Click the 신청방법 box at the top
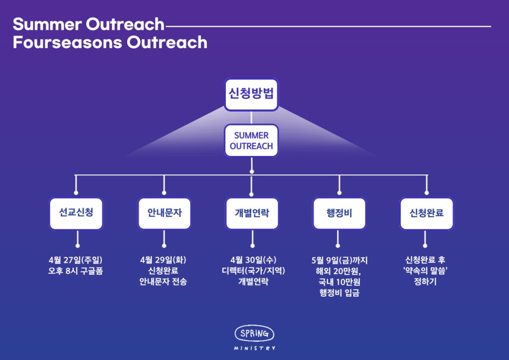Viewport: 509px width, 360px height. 251,94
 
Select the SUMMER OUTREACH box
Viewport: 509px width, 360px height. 251,141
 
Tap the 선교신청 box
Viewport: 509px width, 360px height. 76,213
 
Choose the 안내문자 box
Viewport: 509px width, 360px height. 165,213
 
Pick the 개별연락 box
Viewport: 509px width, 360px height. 252,213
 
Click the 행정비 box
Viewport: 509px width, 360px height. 339,213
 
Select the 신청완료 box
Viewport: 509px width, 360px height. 427,213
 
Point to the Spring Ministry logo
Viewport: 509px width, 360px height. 254,338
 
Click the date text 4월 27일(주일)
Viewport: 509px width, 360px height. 75,260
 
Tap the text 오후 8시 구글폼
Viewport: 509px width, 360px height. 75,271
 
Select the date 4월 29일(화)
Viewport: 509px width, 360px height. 163,260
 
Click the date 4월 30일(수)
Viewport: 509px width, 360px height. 253,260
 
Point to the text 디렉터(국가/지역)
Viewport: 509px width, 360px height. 253,271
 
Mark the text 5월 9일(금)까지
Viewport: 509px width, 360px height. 339,261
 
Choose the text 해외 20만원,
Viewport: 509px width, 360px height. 338,271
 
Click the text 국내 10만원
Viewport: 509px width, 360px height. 339,282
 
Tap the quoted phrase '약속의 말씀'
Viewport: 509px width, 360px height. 425,271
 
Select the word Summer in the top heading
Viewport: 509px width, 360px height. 47,25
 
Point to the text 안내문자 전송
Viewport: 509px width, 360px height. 163,281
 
